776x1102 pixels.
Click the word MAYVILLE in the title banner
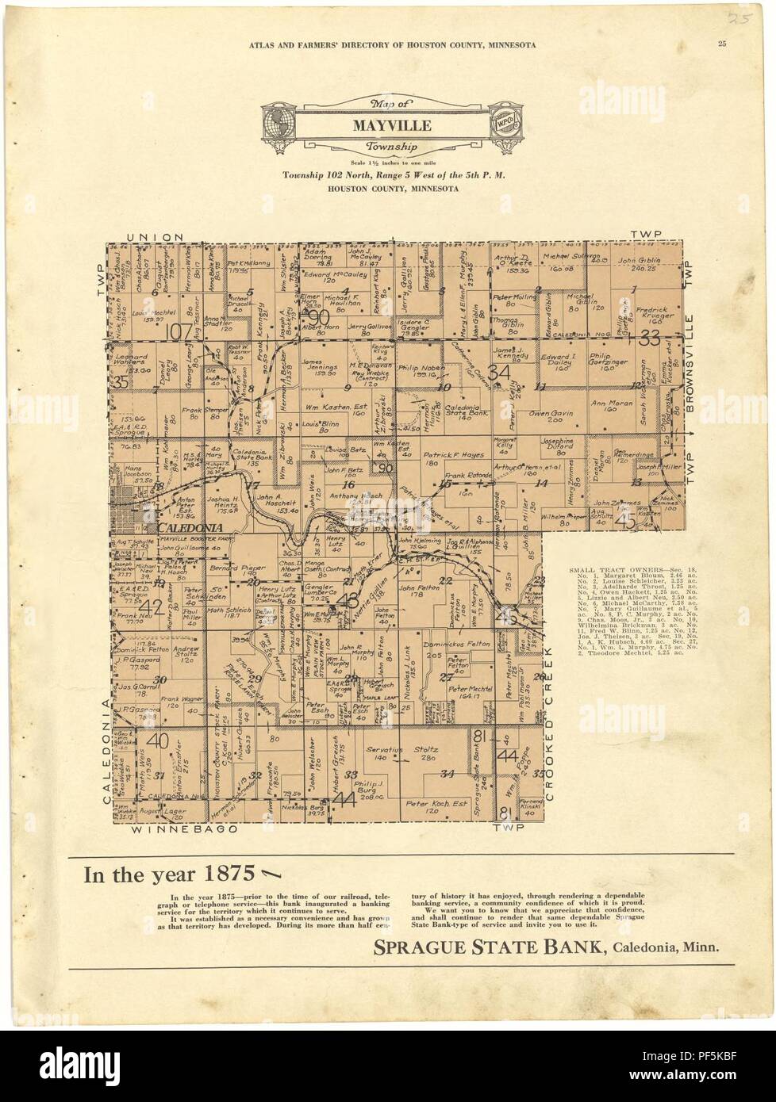[388, 126]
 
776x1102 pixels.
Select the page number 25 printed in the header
[721, 44]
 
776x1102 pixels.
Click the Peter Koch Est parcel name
[433, 804]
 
